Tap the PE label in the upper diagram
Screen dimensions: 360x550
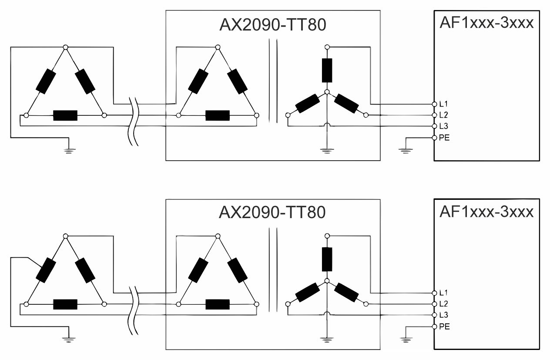pyautogui.click(x=444, y=138)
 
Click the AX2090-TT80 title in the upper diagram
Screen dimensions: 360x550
pyautogui.click(x=272, y=25)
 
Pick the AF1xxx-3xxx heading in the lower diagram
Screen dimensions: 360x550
pyautogui.click(x=486, y=212)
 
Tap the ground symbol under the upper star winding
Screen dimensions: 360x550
pyautogui.click(x=326, y=151)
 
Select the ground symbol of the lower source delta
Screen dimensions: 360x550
pyautogui.click(x=67, y=339)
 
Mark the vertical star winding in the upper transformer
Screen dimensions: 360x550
pyautogui.click(x=327, y=70)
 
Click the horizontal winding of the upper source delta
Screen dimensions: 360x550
pyautogui.click(x=65, y=115)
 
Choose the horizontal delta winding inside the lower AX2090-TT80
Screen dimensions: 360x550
pyautogui.click(x=217, y=304)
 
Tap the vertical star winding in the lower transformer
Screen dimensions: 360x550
pyautogui.click(x=327, y=258)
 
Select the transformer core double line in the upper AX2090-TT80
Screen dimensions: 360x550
pyautogui.click(x=272, y=81)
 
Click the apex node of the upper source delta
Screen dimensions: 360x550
pyautogui.click(x=65, y=47)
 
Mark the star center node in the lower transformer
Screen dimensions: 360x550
pyautogui.click(x=327, y=280)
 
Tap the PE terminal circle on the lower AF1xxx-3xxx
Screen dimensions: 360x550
pyautogui.click(x=434, y=326)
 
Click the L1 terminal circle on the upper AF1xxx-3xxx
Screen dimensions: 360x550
pyautogui.click(x=434, y=104)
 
